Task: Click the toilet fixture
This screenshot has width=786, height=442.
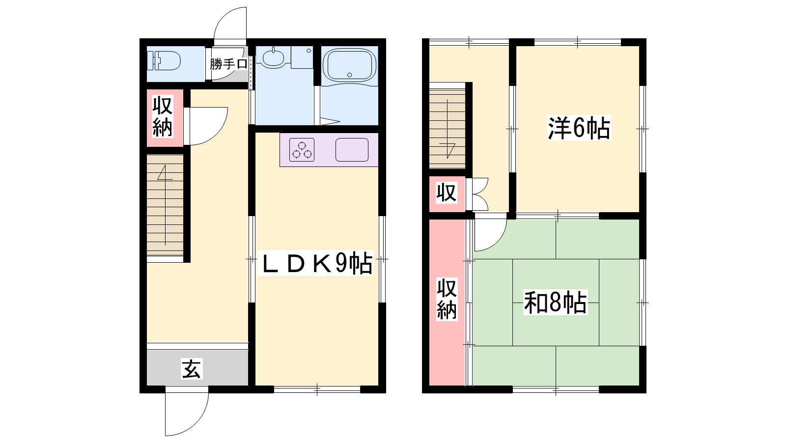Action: click(164, 61)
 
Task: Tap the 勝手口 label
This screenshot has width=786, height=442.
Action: click(229, 64)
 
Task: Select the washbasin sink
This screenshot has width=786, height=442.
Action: click(273, 58)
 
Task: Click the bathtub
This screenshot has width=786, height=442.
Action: click(349, 65)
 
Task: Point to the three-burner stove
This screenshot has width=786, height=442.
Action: click(302, 150)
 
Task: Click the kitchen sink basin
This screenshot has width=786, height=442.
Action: click(352, 150)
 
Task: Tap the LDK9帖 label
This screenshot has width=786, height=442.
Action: click(315, 263)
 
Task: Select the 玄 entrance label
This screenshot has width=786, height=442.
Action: click(192, 369)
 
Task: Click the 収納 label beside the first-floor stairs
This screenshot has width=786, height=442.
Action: click(163, 117)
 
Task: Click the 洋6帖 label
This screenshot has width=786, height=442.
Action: click(579, 128)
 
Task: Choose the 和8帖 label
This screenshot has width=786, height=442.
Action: click(556, 302)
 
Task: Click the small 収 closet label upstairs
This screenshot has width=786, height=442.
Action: click(447, 193)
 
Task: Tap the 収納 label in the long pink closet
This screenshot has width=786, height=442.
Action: click(447, 299)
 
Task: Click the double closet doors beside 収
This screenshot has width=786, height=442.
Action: click(479, 194)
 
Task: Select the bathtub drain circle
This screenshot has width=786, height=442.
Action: click(349, 75)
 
